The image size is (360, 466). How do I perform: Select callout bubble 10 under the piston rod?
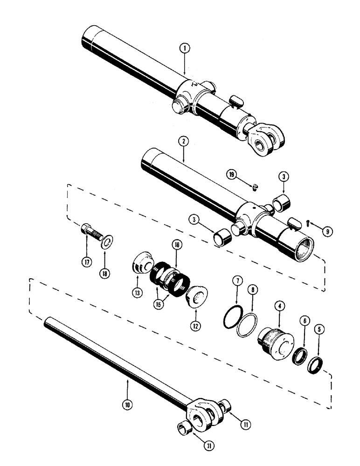click(127, 405)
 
